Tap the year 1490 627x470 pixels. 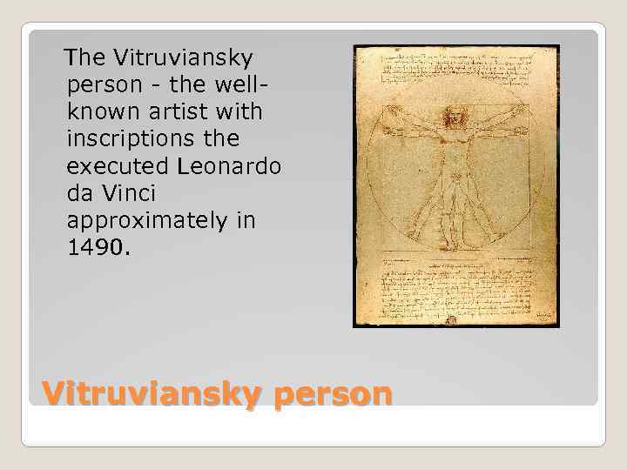pyautogui.click(x=96, y=247)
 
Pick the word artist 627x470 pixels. pyautogui.click(x=173, y=112)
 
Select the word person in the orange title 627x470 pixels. pyautogui.click(x=333, y=393)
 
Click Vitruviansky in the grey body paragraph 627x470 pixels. pyautogui.click(x=179, y=58)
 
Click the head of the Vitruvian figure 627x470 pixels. pyautogui.click(x=454, y=117)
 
